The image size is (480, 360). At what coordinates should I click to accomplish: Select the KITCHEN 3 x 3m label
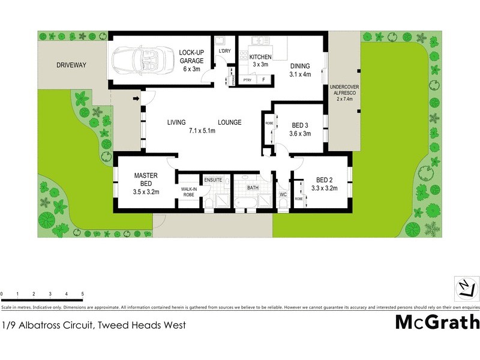[261, 61]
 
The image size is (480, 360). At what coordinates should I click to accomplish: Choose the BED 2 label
[325, 184]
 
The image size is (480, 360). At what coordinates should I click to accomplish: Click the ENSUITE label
[213, 179]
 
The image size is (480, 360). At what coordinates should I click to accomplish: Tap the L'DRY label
[225, 50]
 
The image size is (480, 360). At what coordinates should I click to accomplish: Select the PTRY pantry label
[247, 80]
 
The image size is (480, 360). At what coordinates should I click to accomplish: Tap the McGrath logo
[437, 322]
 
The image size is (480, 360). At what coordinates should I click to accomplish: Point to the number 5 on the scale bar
[82, 294]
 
